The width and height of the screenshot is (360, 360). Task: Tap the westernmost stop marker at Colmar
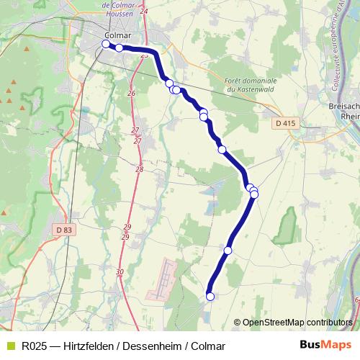[106, 44]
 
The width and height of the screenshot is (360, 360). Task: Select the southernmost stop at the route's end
[210, 296]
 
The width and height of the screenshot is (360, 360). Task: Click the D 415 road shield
[285, 124]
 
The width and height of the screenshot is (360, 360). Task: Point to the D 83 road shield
[64, 229]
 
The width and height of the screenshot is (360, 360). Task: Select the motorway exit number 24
[144, 12]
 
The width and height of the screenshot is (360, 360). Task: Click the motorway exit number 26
[131, 94]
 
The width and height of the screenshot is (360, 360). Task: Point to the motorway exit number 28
[139, 169]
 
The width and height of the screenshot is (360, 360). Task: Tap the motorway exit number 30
[120, 271]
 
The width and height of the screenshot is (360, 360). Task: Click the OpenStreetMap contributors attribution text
[297, 322]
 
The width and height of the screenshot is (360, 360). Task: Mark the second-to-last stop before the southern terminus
[228, 250]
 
